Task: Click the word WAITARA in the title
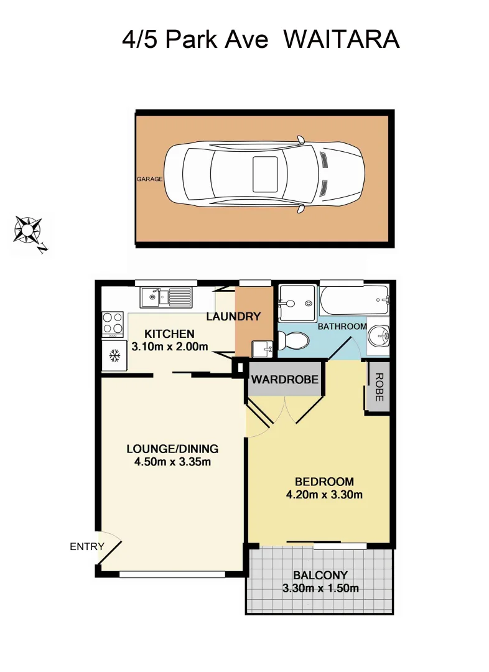341,40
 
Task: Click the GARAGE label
149,179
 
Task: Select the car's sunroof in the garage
265,174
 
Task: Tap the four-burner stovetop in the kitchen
113,324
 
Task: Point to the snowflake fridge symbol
114,356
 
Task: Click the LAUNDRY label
233,317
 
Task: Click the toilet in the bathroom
294,340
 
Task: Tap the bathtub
353,301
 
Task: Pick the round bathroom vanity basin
379,336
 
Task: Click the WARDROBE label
286,379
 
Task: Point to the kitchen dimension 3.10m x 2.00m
169,347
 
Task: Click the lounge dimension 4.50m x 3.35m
172,462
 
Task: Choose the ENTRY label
87,547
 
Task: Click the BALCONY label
320,575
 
